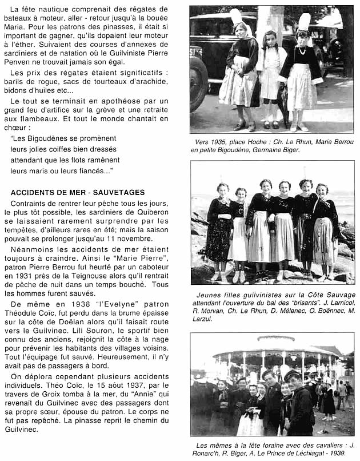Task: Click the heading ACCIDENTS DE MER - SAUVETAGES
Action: point(77,193)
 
